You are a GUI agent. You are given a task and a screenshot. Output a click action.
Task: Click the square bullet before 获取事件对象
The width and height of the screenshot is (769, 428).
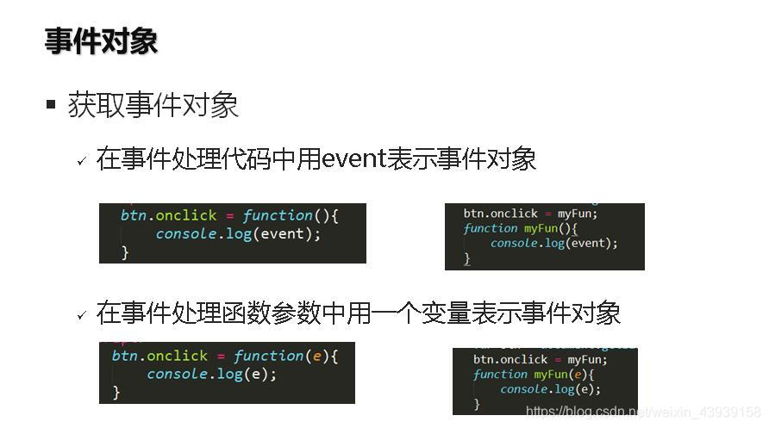click(50, 105)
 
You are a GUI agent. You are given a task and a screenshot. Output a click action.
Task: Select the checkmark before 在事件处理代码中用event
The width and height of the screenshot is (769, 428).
click(82, 161)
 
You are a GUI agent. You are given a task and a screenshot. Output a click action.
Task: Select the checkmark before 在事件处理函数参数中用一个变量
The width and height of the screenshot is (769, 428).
click(82, 315)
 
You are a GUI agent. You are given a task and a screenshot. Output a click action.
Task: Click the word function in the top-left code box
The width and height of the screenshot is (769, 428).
click(278, 215)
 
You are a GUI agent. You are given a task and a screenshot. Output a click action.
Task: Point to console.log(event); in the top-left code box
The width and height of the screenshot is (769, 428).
click(238, 233)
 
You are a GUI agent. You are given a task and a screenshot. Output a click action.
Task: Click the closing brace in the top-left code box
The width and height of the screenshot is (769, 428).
click(125, 252)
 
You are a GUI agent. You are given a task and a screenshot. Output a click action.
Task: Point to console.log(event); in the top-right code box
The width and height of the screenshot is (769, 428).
click(553, 244)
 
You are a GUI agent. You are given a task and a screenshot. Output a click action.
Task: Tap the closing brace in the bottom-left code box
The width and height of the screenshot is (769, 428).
click(116, 392)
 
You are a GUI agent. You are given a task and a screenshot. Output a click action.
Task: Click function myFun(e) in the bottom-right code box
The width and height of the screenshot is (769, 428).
click(534, 375)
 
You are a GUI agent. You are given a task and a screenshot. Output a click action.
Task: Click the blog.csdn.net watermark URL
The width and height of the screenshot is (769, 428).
click(643, 412)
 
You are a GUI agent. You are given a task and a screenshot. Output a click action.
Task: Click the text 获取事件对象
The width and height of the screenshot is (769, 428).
click(153, 105)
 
